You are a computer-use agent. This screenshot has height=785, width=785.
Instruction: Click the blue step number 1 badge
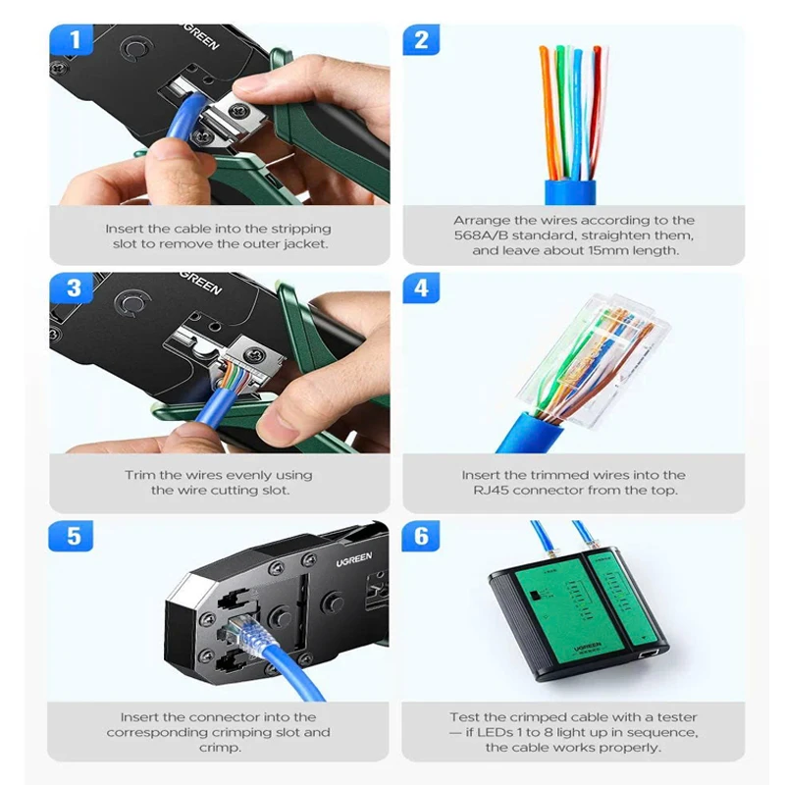click(x=71, y=39)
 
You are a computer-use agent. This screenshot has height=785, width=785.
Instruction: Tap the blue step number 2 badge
click(x=421, y=39)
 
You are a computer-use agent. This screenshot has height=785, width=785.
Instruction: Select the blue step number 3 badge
click(x=71, y=288)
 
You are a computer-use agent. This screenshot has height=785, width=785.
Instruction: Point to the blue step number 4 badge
click(x=421, y=288)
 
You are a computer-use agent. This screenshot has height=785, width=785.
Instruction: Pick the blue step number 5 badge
click(x=71, y=536)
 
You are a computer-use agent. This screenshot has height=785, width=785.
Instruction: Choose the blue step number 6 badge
click(x=421, y=536)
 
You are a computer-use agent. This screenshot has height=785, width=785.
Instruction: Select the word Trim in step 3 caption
click(x=138, y=475)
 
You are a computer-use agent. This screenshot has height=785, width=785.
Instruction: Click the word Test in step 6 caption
click(x=464, y=717)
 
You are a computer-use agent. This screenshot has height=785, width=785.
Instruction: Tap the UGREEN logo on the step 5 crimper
click(x=354, y=559)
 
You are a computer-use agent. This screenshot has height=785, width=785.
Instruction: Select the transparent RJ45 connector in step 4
click(x=595, y=360)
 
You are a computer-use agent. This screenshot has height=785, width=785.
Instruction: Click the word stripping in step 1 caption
click(x=301, y=230)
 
